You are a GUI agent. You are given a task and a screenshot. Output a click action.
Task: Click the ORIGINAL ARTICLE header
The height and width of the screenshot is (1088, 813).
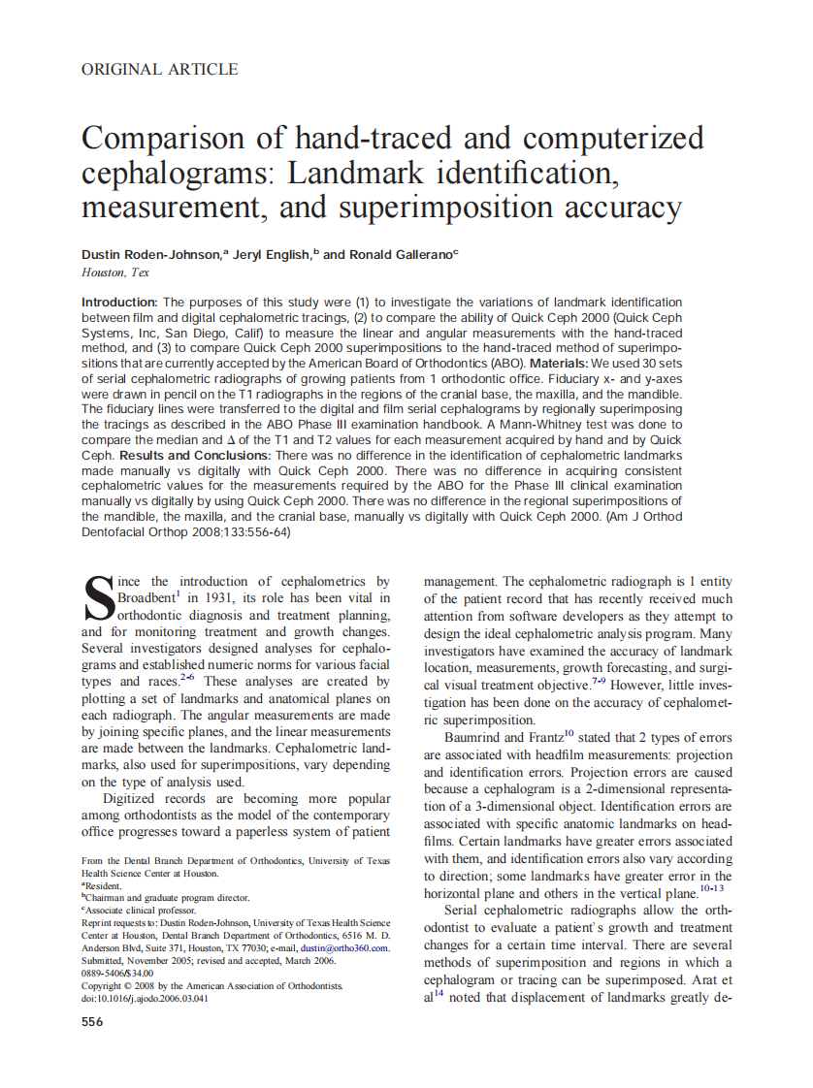(x=159, y=69)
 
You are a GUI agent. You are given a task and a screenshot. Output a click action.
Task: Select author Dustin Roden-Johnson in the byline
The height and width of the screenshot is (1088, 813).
(x=152, y=254)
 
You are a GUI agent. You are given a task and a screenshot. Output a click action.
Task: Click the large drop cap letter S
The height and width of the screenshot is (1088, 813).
(x=98, y=599)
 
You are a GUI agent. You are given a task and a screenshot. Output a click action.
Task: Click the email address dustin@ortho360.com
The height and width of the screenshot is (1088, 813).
(x=341, y=948)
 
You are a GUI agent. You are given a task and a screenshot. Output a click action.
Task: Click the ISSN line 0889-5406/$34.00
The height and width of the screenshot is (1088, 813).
(x=117, y=974)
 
